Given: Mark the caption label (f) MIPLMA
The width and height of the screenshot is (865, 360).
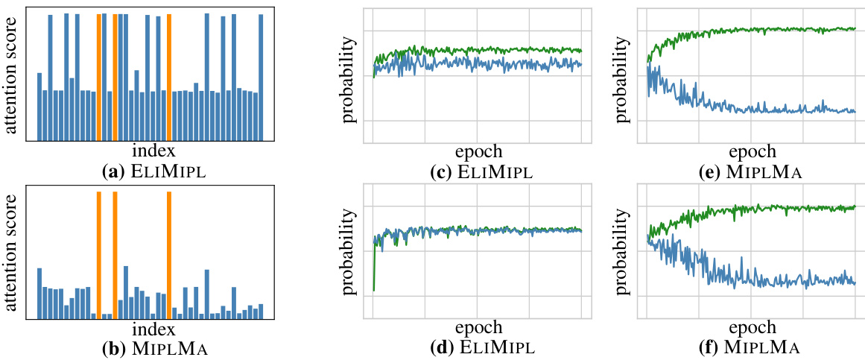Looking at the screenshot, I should tap(752, 347).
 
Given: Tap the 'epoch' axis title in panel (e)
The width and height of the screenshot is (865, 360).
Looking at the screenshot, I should tap(752, 151).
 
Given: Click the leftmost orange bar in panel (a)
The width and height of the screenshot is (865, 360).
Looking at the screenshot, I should tap(99, 77).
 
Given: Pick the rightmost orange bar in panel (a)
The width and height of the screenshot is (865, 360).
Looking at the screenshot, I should tap(169, 77).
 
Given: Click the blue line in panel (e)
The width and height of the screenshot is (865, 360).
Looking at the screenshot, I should tap(745, 109).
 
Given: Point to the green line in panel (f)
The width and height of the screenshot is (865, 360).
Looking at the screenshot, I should tap(745, 208).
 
